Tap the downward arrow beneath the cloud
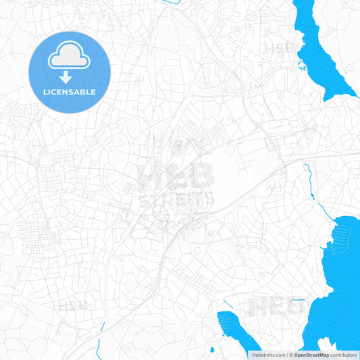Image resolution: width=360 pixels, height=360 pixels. pyautogui.click(x=65, y=77)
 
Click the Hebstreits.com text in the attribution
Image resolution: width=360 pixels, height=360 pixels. pyautogui.click(x=267, y=355)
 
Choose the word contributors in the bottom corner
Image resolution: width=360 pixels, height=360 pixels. pyautogui.click(x=344, y=355)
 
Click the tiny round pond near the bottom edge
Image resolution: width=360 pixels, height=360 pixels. pyautogui.click(x=212, y=350)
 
